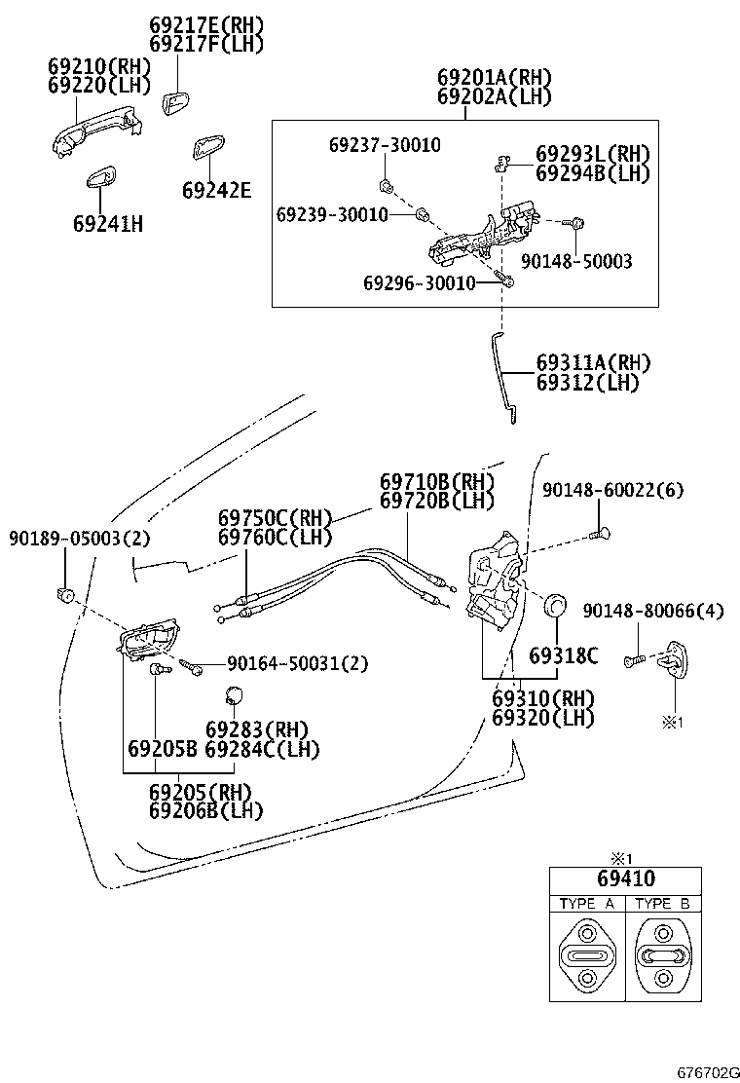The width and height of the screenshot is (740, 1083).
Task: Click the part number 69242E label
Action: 215,191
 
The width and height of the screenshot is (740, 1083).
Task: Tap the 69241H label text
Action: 107,224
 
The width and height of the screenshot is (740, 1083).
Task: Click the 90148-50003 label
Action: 576,261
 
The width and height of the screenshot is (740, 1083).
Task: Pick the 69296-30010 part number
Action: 419,283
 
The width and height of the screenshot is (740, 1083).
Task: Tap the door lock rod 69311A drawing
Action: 502,376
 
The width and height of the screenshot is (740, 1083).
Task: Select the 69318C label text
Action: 562,655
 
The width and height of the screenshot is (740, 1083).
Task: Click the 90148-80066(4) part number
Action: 653,611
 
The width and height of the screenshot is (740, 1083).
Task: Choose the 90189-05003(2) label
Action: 79,538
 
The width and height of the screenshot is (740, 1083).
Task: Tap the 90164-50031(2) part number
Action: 297,663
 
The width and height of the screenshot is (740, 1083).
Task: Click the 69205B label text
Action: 162,749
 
